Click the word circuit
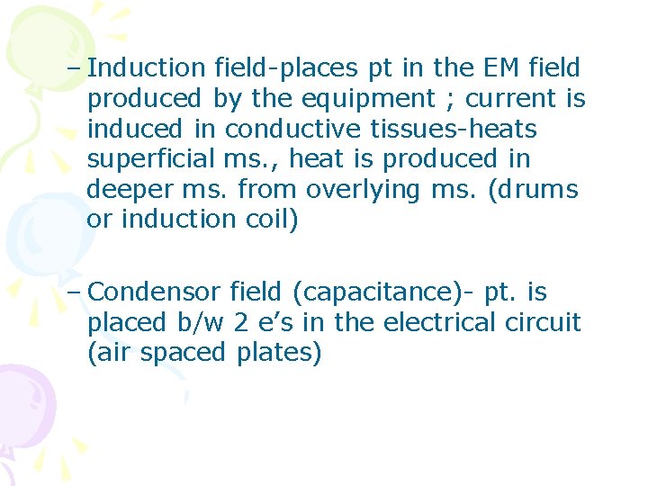coord(543,322)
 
